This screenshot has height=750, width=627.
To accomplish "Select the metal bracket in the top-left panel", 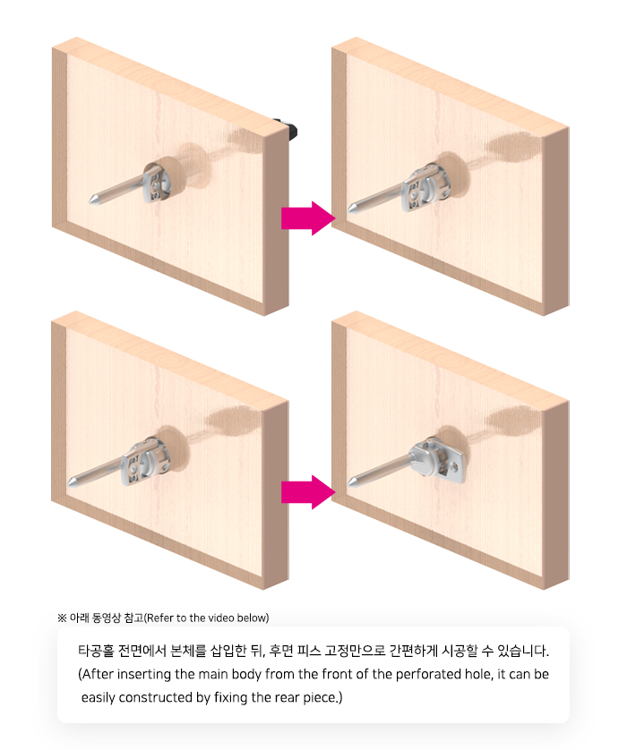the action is click(156, 183).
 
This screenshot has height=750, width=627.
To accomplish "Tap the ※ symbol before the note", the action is click(62, 618).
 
